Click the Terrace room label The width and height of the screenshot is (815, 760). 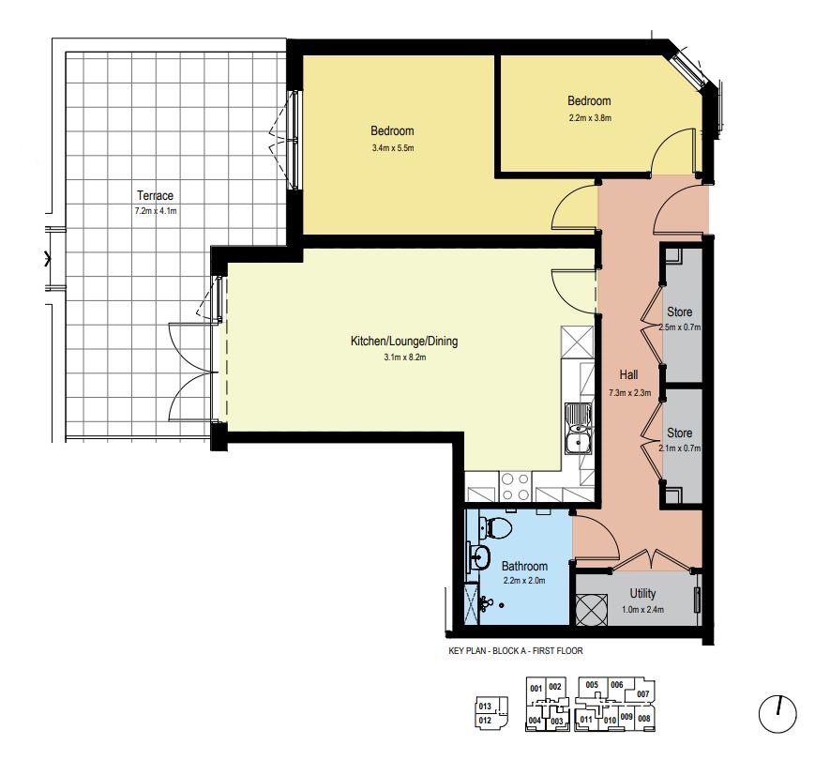(x=155, y=195)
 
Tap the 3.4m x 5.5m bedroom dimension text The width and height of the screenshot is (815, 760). (x=393, y=147)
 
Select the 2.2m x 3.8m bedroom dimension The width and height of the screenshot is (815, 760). (x=590, y=117)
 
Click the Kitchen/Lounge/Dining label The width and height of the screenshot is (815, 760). (x=404, y=341)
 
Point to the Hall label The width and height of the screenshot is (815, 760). (x=628, y=374)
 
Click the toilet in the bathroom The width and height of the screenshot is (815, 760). (x=495, y=527)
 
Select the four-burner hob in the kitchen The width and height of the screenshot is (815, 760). (x=515, y=487)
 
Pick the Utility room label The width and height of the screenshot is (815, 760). (x=642, y=593)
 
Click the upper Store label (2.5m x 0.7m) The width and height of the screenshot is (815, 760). (x=679, y=312)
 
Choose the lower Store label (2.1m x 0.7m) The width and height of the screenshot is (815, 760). (x=679, y=433)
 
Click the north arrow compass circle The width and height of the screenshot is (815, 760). (x=777, y=714)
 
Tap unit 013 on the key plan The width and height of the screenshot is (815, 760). (x=485, y=707)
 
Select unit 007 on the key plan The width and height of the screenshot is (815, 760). (x=643, y=694)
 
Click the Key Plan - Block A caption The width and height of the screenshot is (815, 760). (x=516, y=650)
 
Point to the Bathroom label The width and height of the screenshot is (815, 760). (x=524, y=566)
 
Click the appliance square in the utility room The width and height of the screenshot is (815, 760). (x=592, y=609)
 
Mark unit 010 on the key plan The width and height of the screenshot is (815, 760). (x=610, y=720)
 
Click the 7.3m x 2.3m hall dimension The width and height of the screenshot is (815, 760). (x=630, y=392)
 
